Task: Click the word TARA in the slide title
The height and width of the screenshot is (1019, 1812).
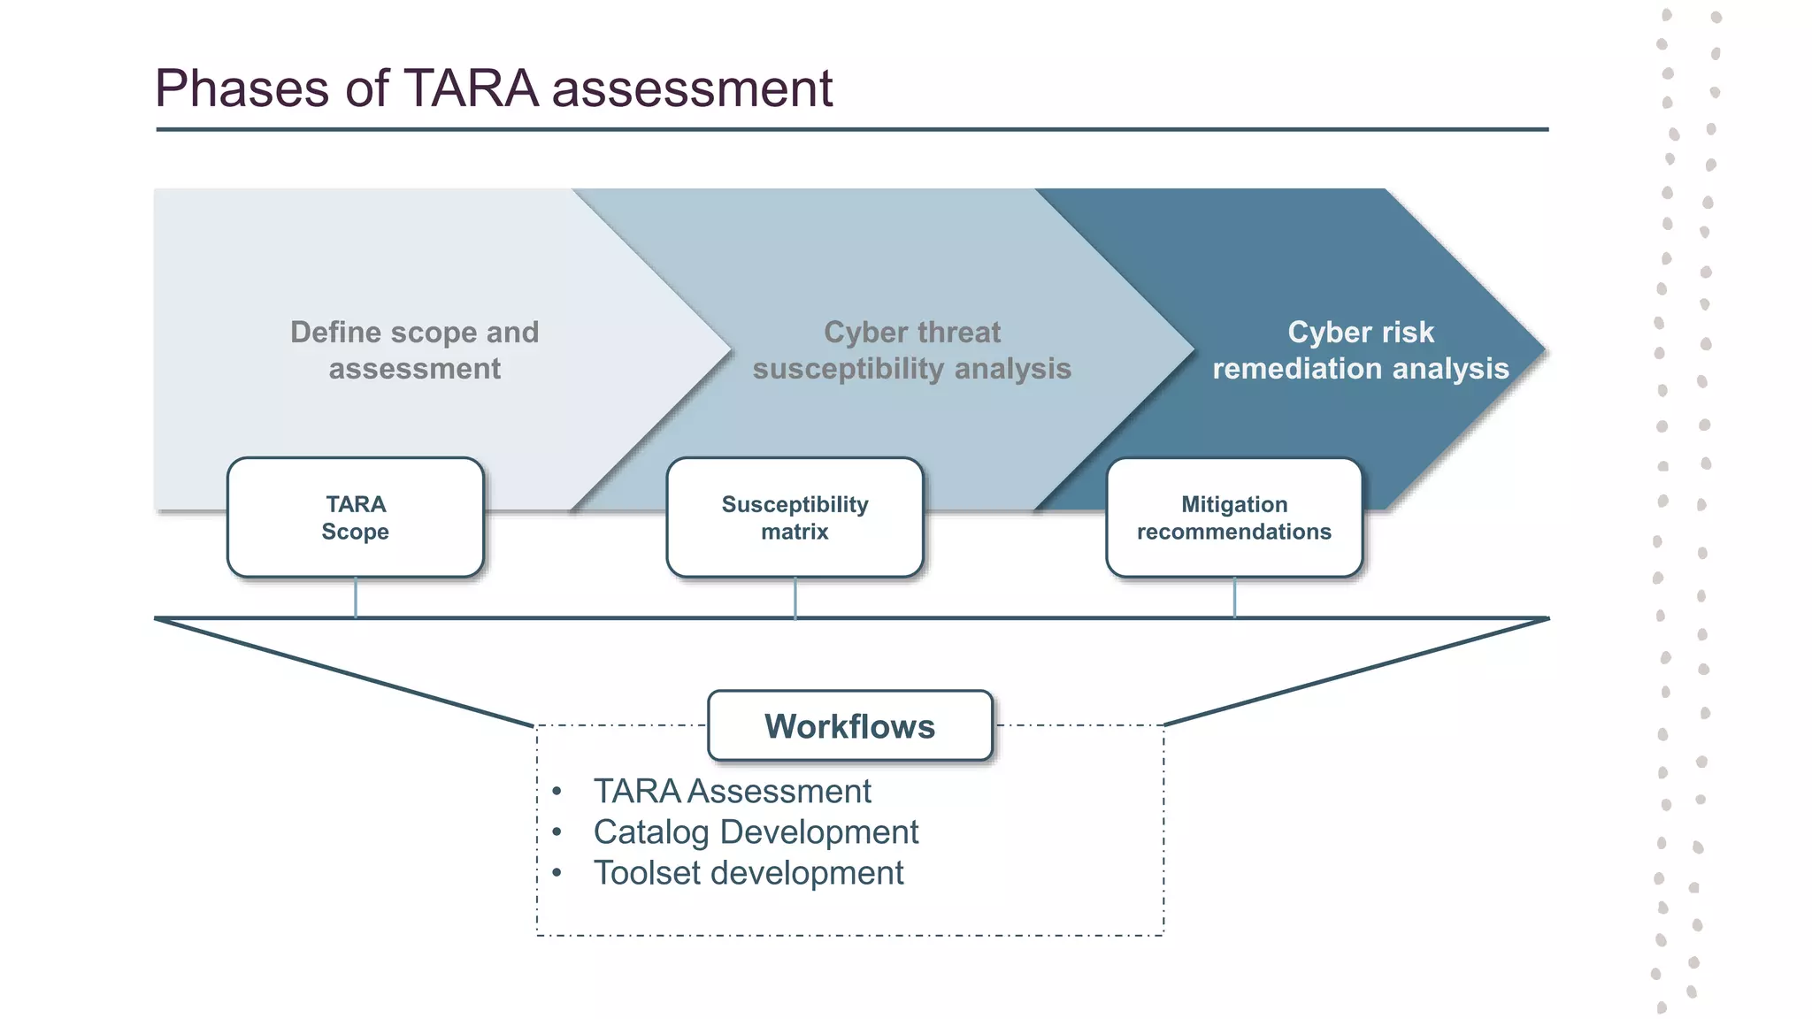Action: pyautogui.click(x=471, y=89)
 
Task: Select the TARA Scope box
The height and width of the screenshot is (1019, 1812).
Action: pyautogui.click(x=356, y=517)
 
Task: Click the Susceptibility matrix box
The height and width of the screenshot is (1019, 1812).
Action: pyautogui.click(x=795, y=517)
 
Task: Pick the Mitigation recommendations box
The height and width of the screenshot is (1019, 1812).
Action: pyautogui.click(x=1233, y=517)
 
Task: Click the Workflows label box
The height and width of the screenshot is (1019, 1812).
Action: pyautogui.click(x=849, y=726)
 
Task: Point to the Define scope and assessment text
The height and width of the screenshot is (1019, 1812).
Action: pyautogui.click(x=414, y=350)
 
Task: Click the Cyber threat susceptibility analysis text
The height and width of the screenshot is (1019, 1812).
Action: pyautogui.click(x=911, y=350)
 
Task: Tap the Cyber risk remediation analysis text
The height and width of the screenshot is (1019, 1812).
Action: pyautogui.click(x=1360, y=350)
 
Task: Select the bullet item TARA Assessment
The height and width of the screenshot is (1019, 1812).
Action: pyautogui.click(x=732, y=791)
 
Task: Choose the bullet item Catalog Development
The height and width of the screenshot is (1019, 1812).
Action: pyautogui.click(x=756, y=831)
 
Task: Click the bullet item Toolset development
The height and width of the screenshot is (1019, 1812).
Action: pyautogui.click(x=749, y=873)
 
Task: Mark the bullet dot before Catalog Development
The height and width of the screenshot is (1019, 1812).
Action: pyautogui.click(x=557, y=832)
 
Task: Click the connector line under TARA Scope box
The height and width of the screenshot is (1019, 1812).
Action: pyautogui.click(x=356, y=597)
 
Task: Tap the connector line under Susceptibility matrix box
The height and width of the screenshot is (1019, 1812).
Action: pyautogui.click(x=795, y=597)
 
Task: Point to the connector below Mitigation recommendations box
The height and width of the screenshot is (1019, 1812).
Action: pyautogui.click(x=1234, y=597)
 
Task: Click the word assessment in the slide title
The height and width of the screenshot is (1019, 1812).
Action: pyautogui.click(x=692, y=89)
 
